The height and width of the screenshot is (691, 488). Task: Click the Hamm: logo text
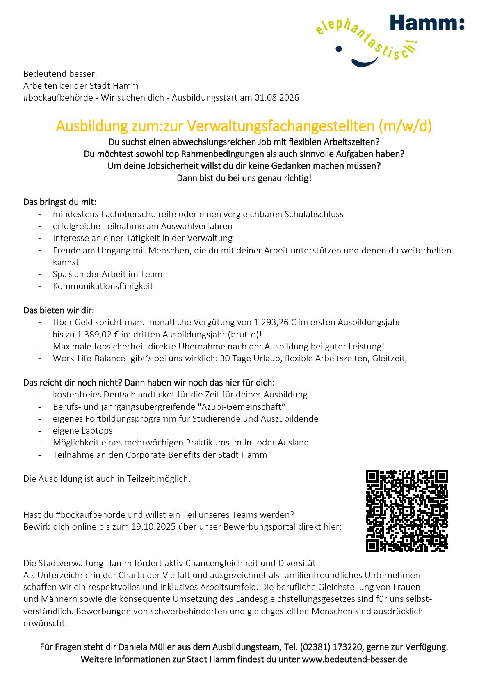[426, 22]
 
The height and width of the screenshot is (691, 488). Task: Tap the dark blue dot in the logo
[338, 49]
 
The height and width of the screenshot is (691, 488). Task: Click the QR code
[406, 510]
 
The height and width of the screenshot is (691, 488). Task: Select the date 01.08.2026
[276, 98]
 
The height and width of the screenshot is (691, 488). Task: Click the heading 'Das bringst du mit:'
[60, 202]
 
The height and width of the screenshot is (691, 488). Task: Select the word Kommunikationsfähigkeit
[103, 286]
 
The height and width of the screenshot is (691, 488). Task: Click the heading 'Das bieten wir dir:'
[59, 310]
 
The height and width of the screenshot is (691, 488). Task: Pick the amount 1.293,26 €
[275, 322]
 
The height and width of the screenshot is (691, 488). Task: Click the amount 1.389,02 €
[98, 335]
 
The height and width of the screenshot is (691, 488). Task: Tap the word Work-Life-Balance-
[91, 358]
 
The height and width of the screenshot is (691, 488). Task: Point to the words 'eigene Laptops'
[82, 431]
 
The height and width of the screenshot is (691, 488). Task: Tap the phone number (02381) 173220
[331, 647]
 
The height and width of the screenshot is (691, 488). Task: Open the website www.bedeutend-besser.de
[355, 659]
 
